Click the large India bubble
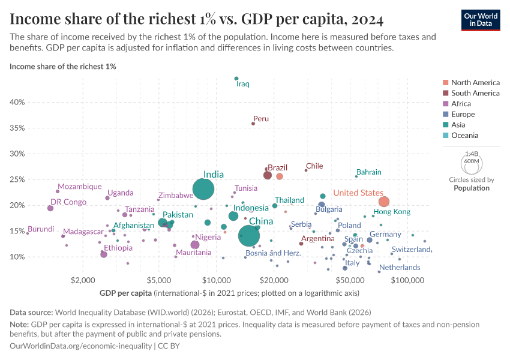tap(204, 189)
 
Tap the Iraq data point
tap(236, 79)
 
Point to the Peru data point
tap(253, 124)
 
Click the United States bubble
tap(384, 202)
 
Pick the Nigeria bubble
tap(194, 245)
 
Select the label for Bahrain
tap(368, 172)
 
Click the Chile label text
tap(314, 166)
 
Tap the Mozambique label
tap(80, 187)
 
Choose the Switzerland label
tap(411, 250)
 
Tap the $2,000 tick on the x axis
tap(83, 280)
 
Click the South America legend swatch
tap(445, 93)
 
